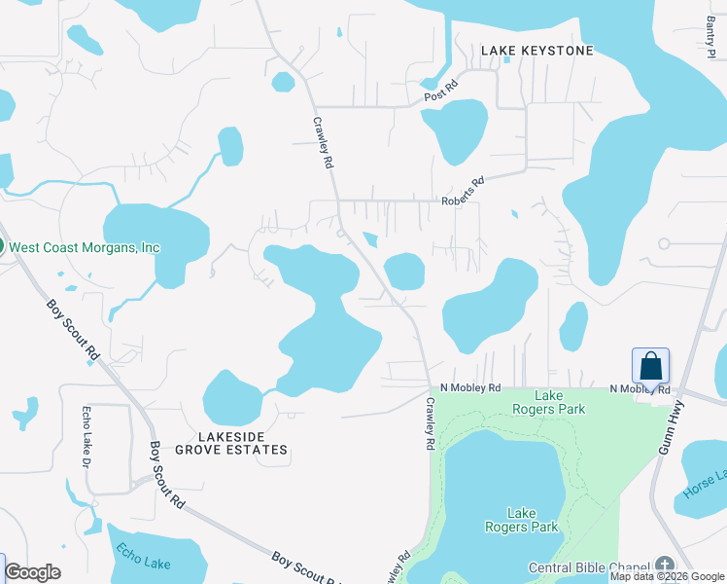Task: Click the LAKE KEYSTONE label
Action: coord(537,50)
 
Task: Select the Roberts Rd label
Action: coord(463,190)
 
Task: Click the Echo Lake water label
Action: coord(144,564)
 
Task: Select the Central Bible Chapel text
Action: coord(590,567)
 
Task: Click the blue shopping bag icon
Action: coord(650,367)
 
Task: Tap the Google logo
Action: coord(32,572)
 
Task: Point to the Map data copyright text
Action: coord(668,576)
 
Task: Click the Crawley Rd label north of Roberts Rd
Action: coord(324,145)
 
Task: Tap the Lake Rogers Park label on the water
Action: coord(522,520)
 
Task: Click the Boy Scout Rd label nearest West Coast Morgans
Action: coord(73,327)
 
